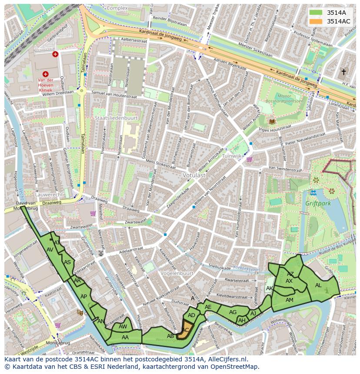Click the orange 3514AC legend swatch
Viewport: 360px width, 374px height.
click(316, 21)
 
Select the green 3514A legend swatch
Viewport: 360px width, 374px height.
click(316, 13)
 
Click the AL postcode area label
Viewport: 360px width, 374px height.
click(318, 285)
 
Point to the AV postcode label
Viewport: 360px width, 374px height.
click(50, 250)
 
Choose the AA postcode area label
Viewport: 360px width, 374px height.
click(125, 337)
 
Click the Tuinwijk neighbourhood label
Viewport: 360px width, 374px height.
click(231, 156)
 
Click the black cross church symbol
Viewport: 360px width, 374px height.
click(343, 72)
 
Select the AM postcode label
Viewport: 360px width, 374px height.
click(289, 300)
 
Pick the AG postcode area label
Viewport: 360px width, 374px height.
click(233, 312)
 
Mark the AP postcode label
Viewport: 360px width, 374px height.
click(84, 297)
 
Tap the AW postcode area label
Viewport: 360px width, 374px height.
click(123, 327)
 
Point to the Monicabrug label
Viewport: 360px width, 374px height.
click(66, 343)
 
